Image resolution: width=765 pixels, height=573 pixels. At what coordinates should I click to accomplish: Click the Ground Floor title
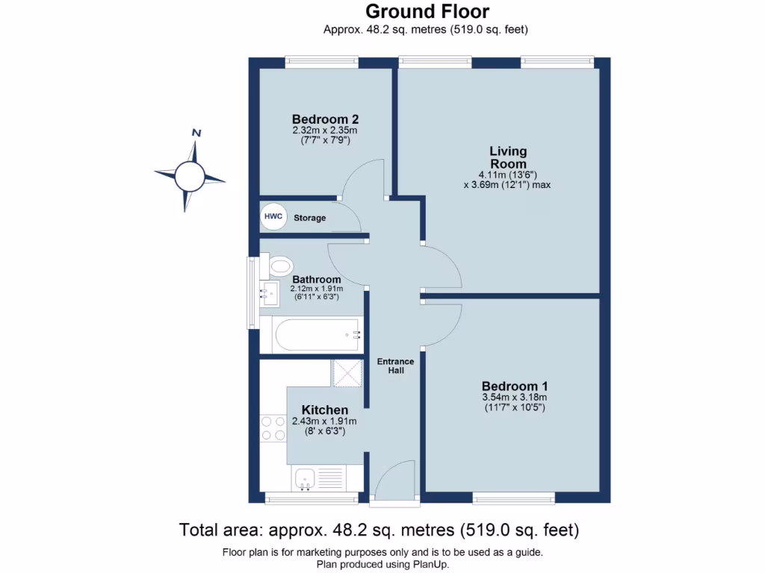pos(427,12)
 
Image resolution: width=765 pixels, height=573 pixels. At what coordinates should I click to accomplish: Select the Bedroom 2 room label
pos(325,119)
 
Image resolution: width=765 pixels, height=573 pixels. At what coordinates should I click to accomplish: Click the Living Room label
pos(508,157)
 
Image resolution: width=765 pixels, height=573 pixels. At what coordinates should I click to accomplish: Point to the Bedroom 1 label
pos(515,386)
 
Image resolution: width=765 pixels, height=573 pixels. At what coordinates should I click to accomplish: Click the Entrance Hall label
pos(395,366)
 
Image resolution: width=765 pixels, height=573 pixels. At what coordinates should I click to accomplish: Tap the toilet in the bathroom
pos(280,265)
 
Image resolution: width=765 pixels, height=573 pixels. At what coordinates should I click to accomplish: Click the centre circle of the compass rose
pos(189,176)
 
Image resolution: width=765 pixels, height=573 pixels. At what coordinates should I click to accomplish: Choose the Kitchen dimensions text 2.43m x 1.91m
pos(324,422)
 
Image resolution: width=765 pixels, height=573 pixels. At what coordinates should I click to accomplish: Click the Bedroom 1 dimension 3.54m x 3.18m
pos(515,398)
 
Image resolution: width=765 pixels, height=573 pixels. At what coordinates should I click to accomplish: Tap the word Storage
pos(309,218)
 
